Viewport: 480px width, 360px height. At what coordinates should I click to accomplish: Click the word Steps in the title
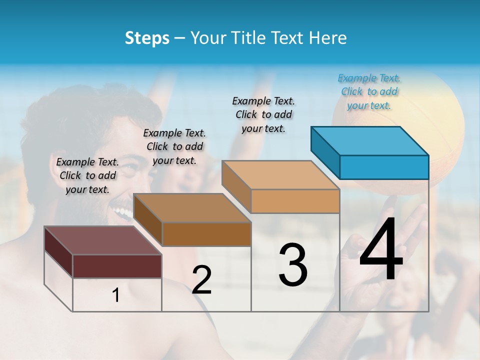point(147,38)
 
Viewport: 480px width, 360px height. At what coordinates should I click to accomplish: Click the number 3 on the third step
point(293,264)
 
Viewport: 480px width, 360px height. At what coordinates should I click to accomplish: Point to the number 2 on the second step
point(202,280)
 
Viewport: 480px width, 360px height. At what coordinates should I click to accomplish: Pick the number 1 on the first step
point(116,295)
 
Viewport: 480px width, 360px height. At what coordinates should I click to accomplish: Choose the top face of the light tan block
point(280,175)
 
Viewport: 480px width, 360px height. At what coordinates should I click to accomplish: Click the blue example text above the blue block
point(369,91)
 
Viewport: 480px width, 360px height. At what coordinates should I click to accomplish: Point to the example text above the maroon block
point(87,175)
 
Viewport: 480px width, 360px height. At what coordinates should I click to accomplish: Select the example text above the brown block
point(174,146)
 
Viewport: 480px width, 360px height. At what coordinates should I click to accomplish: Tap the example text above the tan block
point(263,114)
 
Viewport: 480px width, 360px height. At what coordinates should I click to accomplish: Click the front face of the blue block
point(384,167)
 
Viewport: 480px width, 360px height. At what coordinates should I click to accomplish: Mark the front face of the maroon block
point(117,266)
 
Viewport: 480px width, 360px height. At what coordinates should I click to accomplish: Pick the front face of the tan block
point(295,201)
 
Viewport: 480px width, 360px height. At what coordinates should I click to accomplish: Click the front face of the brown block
point(206,234)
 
